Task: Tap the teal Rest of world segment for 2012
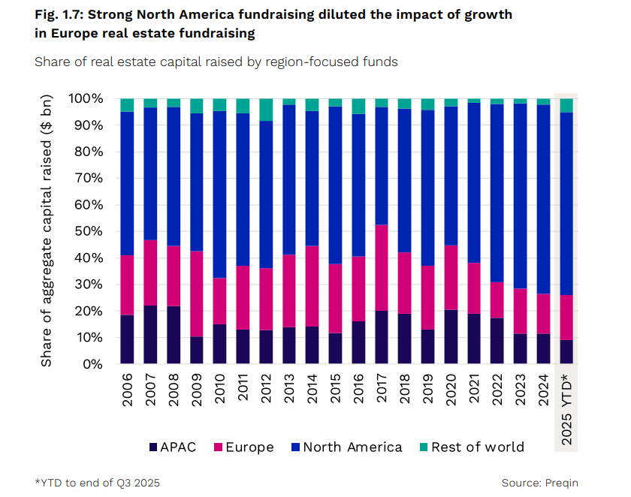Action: tap(266, 109)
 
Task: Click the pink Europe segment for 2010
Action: tap(220, 301)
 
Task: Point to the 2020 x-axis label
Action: tap(451, 391)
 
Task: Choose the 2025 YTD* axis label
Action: tap(567, 409)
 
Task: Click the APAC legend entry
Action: tap(172, 447)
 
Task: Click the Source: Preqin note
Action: tap(539, 483)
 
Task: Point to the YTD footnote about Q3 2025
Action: tap(97, 483)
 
